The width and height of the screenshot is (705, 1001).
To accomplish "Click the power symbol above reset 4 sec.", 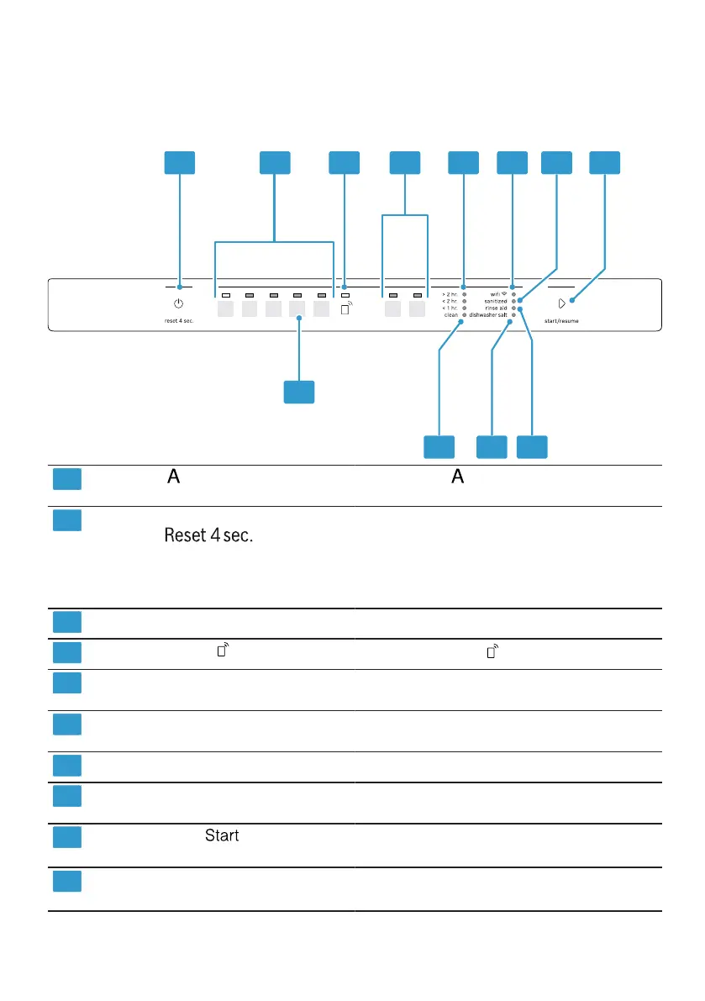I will coord(179,303).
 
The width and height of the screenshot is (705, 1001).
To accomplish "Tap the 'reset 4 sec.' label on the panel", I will coord(179,321).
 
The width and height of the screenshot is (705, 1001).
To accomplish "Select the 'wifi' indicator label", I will coord(497,294).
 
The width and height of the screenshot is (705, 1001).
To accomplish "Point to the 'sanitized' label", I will coord(495,301).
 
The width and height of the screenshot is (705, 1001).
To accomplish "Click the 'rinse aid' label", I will coord(496,308).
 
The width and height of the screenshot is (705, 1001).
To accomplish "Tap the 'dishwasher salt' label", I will coord(488,314).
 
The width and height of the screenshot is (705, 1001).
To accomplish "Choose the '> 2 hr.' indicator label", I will coord(450,294).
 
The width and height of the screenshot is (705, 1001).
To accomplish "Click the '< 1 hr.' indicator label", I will coord(450,308).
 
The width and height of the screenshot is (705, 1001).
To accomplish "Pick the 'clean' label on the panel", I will coord(451,314).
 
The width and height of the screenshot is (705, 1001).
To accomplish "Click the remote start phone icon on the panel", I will coord(346,308).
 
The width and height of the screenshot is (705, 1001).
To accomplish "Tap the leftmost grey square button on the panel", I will coord(225,309).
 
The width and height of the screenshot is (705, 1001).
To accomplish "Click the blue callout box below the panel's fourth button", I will coord(299,392).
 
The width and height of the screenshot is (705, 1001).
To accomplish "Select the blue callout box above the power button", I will coord(179,163).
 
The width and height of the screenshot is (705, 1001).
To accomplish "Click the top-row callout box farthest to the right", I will coord(605,163).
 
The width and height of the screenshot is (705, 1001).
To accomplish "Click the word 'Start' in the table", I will coord(222,835).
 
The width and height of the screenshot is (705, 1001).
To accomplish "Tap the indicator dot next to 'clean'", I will coord(464,314).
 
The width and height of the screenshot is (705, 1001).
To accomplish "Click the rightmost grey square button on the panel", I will coord(418,309).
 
